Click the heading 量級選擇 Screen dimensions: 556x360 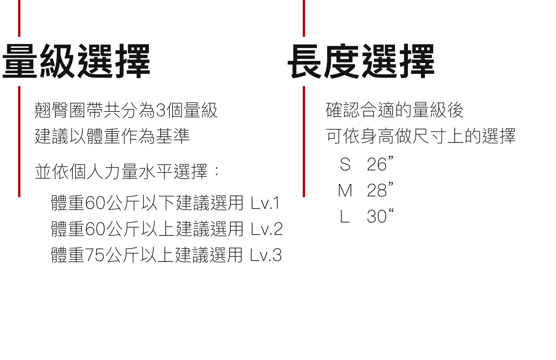click(x=76, y=61)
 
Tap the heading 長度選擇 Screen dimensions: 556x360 click(x=361, y=61)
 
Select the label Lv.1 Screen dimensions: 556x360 click(x=265, y=203)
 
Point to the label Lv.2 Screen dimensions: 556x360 click(x=267, y=229)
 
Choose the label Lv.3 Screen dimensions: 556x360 click(x=266, y=255)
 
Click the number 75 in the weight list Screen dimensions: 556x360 click(x=94, y=255)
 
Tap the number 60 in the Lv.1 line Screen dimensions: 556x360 click(x=95, y=203)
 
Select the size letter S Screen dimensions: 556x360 click(x=345, y=165)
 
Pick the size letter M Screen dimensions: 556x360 click(x=345, y=191)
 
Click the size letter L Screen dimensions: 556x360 click(x=345, y=217)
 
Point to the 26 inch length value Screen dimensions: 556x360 click(x=380, y=164)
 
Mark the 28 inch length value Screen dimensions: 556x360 click(x=380, y=190)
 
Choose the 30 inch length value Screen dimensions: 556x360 click(x=380, y=216)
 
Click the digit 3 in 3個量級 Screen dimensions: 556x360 click(x=161, y=110)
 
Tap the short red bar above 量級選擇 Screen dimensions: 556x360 click(x=19, y=18)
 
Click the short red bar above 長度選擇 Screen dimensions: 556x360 click(x=304, y=18)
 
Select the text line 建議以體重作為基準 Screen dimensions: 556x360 click(x=112, y=136)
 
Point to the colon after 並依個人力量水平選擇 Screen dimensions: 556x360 click(x=216, y=171)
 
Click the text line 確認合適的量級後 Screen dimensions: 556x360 click(x=394, y=110)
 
